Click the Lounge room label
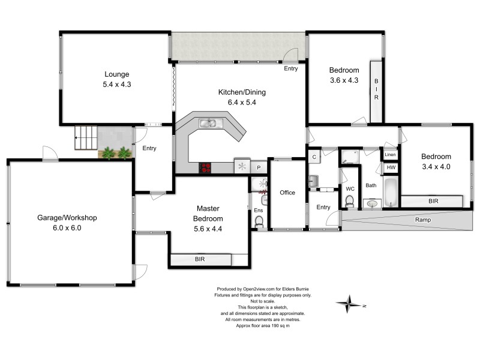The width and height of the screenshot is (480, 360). coord(116,74)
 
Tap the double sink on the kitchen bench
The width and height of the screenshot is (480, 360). coord(212,124)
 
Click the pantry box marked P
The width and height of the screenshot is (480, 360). coord(259,168)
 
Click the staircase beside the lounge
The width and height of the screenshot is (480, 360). coord(85,138)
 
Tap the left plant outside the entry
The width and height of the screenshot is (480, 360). coord(108,153)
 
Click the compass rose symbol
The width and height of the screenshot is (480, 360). coord(349,304)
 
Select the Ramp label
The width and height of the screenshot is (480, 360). coord(424,220)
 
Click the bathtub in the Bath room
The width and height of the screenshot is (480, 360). coord(390,192)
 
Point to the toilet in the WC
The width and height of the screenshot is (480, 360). coord(350,202)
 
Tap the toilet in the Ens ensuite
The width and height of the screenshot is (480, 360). coord(259,222)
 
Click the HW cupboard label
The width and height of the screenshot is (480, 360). coord(391,168)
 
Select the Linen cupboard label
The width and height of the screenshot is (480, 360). coord(391,155)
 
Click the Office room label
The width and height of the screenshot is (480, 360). coord(287,193)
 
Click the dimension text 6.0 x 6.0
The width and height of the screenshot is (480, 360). coord(67,228)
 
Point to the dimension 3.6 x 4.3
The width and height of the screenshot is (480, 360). coord(344,80)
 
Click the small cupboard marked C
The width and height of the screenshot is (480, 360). coord(314,157)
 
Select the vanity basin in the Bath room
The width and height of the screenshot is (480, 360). coord(371,204)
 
